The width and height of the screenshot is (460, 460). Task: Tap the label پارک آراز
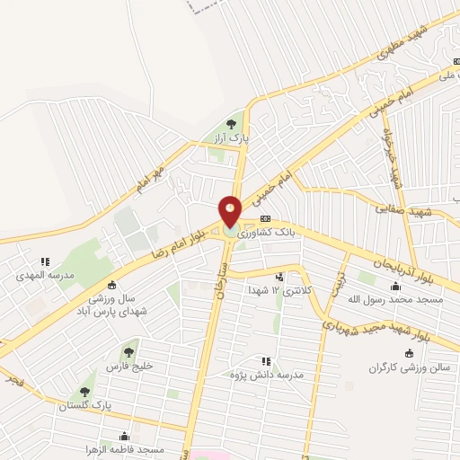click(230, 140)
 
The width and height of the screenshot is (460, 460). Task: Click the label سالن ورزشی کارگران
click(411, 368)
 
